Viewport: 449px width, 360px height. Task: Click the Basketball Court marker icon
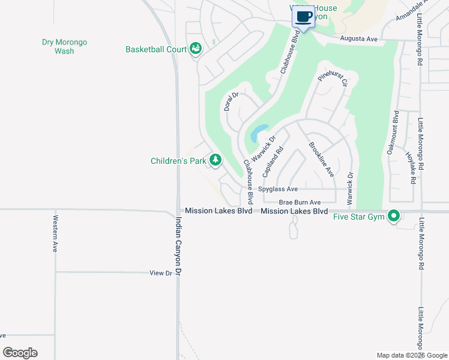[196, 49]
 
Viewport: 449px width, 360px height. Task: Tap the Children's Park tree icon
[215, 160]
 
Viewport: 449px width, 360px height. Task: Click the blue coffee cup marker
[304, 17]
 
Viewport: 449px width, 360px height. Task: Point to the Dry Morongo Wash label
[64, 47]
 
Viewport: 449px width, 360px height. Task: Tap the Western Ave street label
[55, 233]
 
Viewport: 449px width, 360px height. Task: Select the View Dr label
[160, 273]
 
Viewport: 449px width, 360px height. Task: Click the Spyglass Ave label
[278, 189]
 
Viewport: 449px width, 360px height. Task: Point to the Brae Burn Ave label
[300, 202]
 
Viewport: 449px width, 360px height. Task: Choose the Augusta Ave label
[358, 39]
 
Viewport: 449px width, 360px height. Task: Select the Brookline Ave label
[321, 159]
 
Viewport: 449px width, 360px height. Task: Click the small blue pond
[259, 132]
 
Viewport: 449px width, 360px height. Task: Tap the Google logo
[20, 353]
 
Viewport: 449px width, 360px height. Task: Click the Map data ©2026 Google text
[411, 355]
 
